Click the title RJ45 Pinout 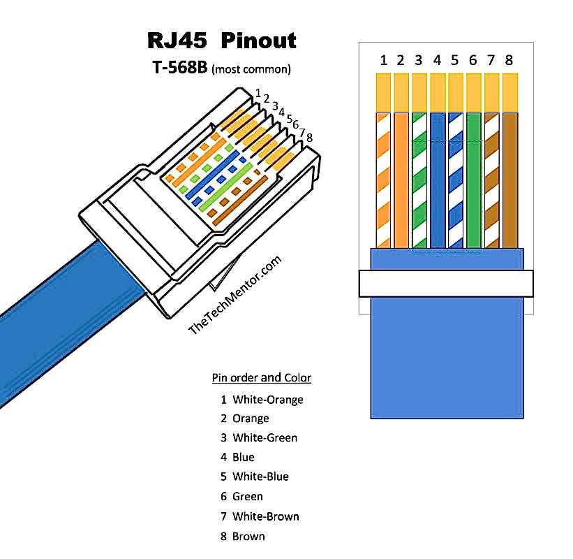point(221,40)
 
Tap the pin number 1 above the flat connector point(384,61)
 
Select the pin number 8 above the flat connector point(509,61)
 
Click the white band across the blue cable point(446,283)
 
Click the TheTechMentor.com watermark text point(235,296)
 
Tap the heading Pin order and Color point(261,378)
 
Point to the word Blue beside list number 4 point(244,458)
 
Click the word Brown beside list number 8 point(248,536)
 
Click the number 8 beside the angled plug point(309,138)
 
